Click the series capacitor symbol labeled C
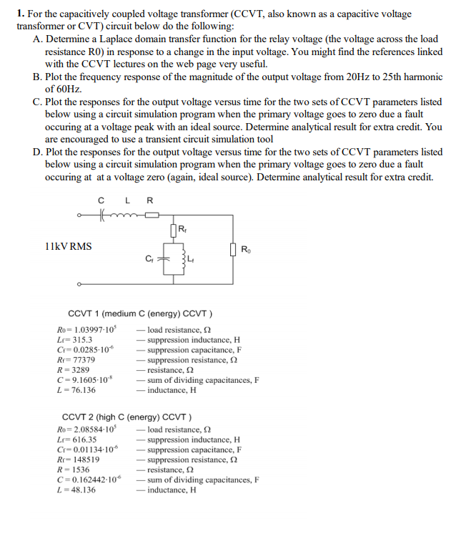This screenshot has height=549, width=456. (x=102, y=214)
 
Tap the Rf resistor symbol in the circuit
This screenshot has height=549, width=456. (x=174, y=230)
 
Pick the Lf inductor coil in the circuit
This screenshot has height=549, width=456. (x=183, y=258)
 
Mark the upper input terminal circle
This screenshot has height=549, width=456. (x=79, y=214)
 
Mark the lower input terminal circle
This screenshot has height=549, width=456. (x=79, y=284)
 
